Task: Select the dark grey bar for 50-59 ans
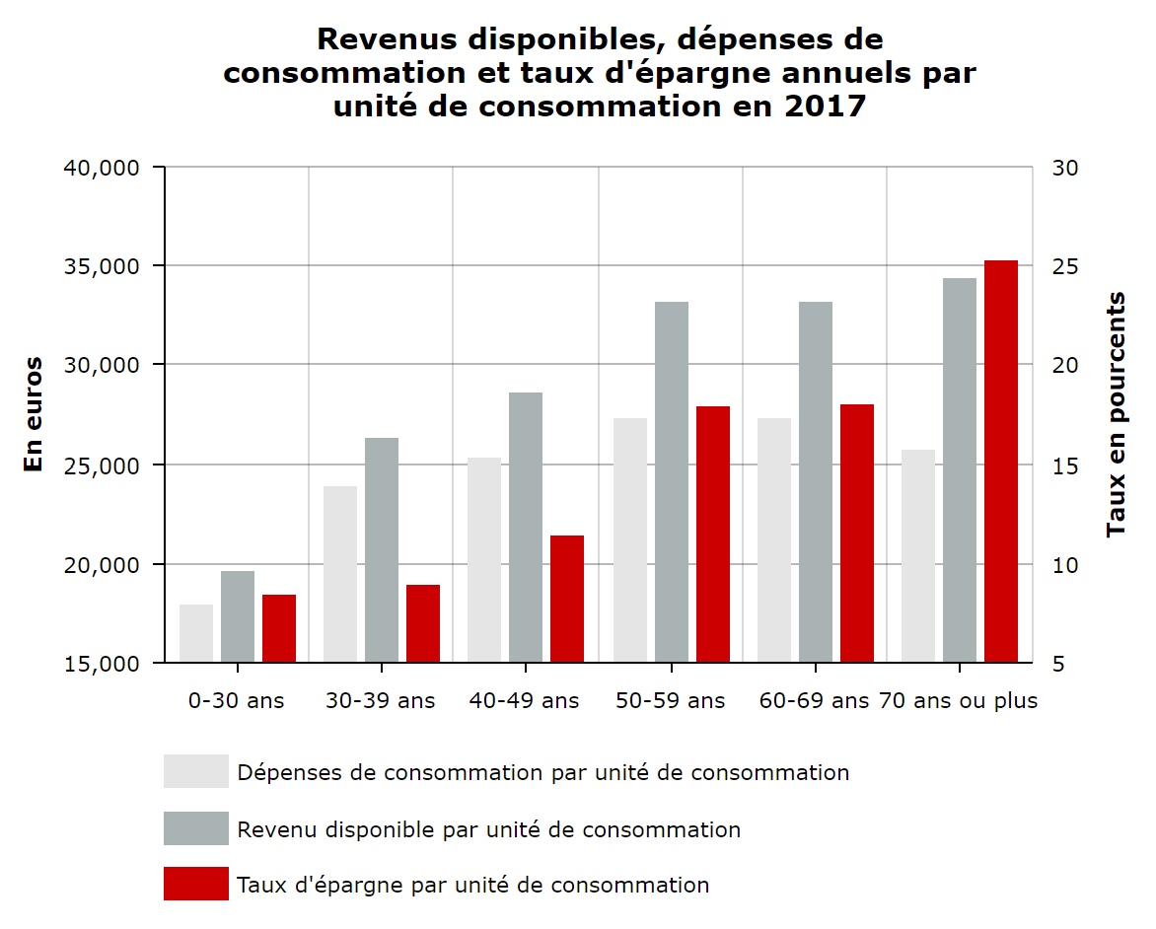point(671,482)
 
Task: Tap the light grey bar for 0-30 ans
point(196,633)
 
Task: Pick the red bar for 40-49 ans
point(567,599)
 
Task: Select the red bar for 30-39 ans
point(423,623)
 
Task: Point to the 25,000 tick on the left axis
point(101,465)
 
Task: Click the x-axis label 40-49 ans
point(524,701)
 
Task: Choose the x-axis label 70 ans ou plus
point(958,701)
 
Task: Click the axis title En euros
point(34,414)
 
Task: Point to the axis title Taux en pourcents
point(1116,414)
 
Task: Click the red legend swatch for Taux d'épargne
point(195,884)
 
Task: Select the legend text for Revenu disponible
point(488,829)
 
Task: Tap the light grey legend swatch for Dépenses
point(195,771)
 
